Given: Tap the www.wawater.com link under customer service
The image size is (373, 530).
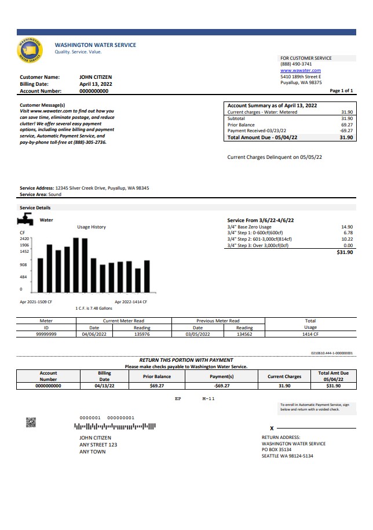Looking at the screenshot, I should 300,70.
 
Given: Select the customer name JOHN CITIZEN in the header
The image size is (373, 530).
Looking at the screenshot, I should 96,77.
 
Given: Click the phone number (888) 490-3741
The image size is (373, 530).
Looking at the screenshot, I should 296,64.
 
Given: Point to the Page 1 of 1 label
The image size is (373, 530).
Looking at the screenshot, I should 341,91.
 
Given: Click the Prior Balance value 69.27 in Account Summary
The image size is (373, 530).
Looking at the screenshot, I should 346,125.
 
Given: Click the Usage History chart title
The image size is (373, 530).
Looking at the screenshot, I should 92,227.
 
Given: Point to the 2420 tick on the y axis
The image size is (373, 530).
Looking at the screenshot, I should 24,238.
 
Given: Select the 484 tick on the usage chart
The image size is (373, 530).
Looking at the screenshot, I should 24,277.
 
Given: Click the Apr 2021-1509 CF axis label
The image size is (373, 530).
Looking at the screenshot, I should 36,302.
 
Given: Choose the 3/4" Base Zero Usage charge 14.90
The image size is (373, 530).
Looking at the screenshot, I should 347,227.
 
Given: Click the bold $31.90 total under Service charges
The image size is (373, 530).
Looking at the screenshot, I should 344,252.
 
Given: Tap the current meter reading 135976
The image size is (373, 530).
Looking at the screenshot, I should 141,334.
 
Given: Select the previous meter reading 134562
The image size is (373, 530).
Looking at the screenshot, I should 244,334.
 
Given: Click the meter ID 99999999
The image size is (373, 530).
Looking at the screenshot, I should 46,334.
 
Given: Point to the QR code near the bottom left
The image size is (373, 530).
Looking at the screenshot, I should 31,422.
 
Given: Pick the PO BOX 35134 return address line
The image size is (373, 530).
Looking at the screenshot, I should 284,450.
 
